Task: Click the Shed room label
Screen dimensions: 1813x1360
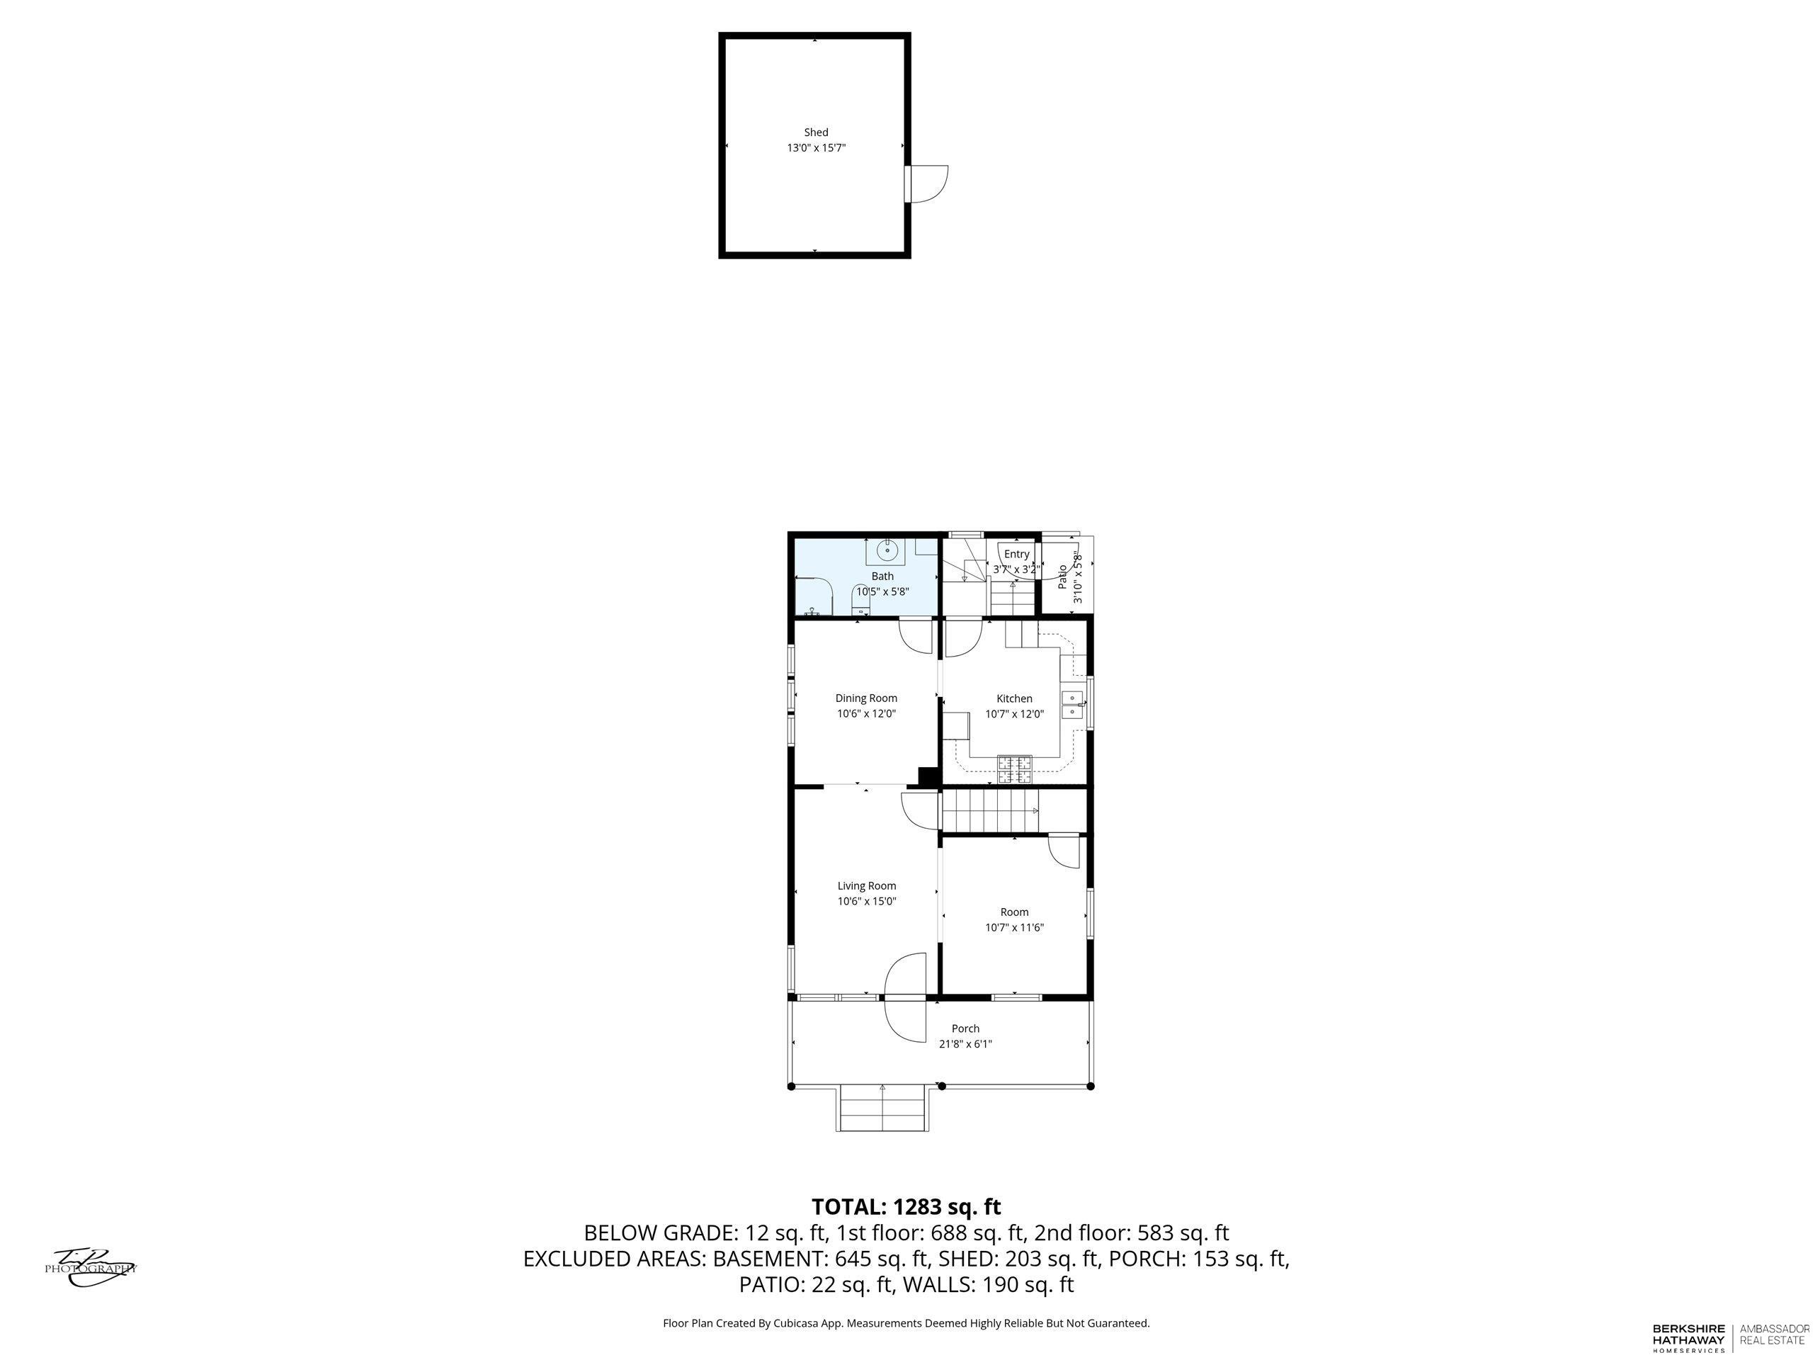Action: [816, 132]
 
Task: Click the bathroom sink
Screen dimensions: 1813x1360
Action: [887, 552]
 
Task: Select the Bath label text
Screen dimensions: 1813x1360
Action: [882, 577]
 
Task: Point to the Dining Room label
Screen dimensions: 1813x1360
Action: [866, 698]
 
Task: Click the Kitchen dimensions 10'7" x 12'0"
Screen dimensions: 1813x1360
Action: [1015, 714]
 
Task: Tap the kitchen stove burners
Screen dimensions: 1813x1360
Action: [1015, 768]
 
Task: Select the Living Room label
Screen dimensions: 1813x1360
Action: [866, 885]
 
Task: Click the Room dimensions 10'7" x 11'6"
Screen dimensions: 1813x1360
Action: [1015, 928]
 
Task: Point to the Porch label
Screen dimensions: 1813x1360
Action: [965, 1028]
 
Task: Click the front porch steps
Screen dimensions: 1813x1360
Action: [882, 1109]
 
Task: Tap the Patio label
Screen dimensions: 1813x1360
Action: [1062, 577]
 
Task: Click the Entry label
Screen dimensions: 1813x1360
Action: [1016, 554]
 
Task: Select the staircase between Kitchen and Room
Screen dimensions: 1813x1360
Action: [990, 812]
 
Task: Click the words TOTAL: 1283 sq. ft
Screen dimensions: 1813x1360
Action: [906, 1207]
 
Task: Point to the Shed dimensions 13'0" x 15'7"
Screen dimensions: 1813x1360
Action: [816, 148]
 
